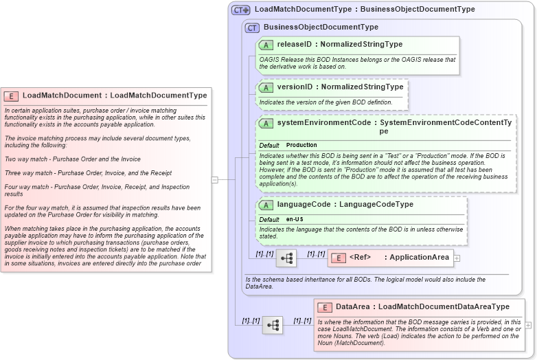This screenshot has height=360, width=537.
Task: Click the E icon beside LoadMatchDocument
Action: [x=11, y=96]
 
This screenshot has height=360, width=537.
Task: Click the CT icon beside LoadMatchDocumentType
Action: [x=240, y=10]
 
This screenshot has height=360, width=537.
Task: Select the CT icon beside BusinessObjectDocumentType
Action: [x=252, y=27]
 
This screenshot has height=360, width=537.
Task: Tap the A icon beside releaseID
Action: [x=266, y=45]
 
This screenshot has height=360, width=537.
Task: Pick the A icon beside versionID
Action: [x=266, y=88]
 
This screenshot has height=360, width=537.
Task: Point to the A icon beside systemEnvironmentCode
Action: [x=266, y=123]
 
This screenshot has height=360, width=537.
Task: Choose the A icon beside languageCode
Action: [x=266, y=205]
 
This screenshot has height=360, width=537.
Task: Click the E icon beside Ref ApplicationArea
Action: [x=338, y=258]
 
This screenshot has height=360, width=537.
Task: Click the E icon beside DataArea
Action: [x=324, y=307]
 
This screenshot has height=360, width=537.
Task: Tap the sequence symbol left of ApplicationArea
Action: [x=286, y=258]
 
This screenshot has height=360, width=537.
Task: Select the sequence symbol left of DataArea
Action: [x=272, y=325]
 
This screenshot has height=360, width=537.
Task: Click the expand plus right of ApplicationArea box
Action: [x=457, y=258]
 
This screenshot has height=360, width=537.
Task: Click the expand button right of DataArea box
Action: [x=528, y=325]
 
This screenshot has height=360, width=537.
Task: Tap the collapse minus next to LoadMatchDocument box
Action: [x=215, y=180]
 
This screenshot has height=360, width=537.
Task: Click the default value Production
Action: [x=301, y=146]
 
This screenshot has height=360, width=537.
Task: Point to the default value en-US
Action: [x=296, y=219]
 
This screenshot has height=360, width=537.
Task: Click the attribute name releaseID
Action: [x=294, y=45]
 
